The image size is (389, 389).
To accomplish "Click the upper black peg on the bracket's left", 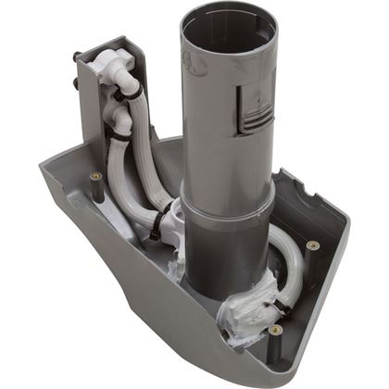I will (x=77, y=58).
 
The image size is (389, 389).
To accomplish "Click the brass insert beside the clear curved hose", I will (x=311, y=245).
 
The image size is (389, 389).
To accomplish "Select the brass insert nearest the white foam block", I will (x=275, y=329).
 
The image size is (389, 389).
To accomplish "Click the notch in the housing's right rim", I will (x=310, y=194).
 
